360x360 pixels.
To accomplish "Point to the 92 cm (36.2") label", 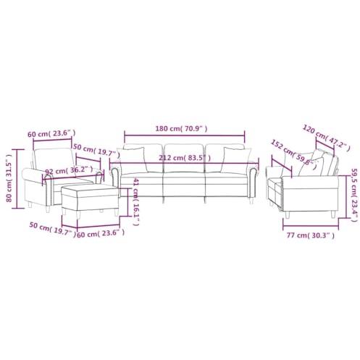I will (x=70, y=172).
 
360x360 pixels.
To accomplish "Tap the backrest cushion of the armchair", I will (x=54, y=156).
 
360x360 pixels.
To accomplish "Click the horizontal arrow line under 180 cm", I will (x=184, y=136).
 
